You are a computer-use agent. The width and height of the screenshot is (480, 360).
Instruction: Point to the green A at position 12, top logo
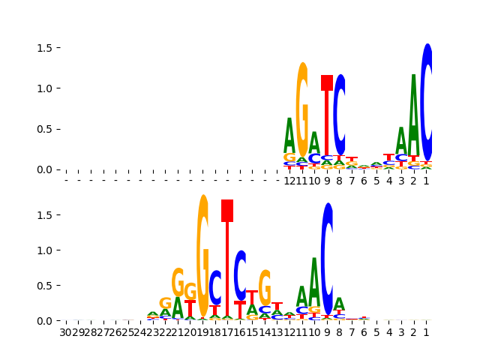pyautogui.click(x=289, y=135)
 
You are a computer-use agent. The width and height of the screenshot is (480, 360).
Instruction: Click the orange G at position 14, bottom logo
pyautogui.click(x=265, y=287)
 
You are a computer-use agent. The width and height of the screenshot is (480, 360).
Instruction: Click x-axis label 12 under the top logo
pyautogui.click(x=289, y=181)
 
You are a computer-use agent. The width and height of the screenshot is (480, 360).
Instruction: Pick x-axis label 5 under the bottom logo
pyautogui.click(x=376, y=332)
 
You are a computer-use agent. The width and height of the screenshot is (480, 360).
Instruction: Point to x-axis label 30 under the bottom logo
pyautogui.click(x=66, y=332)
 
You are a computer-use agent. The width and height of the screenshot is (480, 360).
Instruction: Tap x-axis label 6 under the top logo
pyautogui.click(x=364, y=181)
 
